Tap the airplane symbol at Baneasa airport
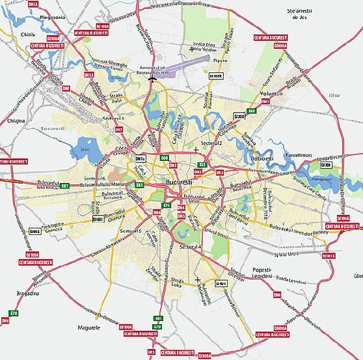pos(152,79)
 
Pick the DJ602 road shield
pos(35,230)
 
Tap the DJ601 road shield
pos(98,219)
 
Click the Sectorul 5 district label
pos(130,231)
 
